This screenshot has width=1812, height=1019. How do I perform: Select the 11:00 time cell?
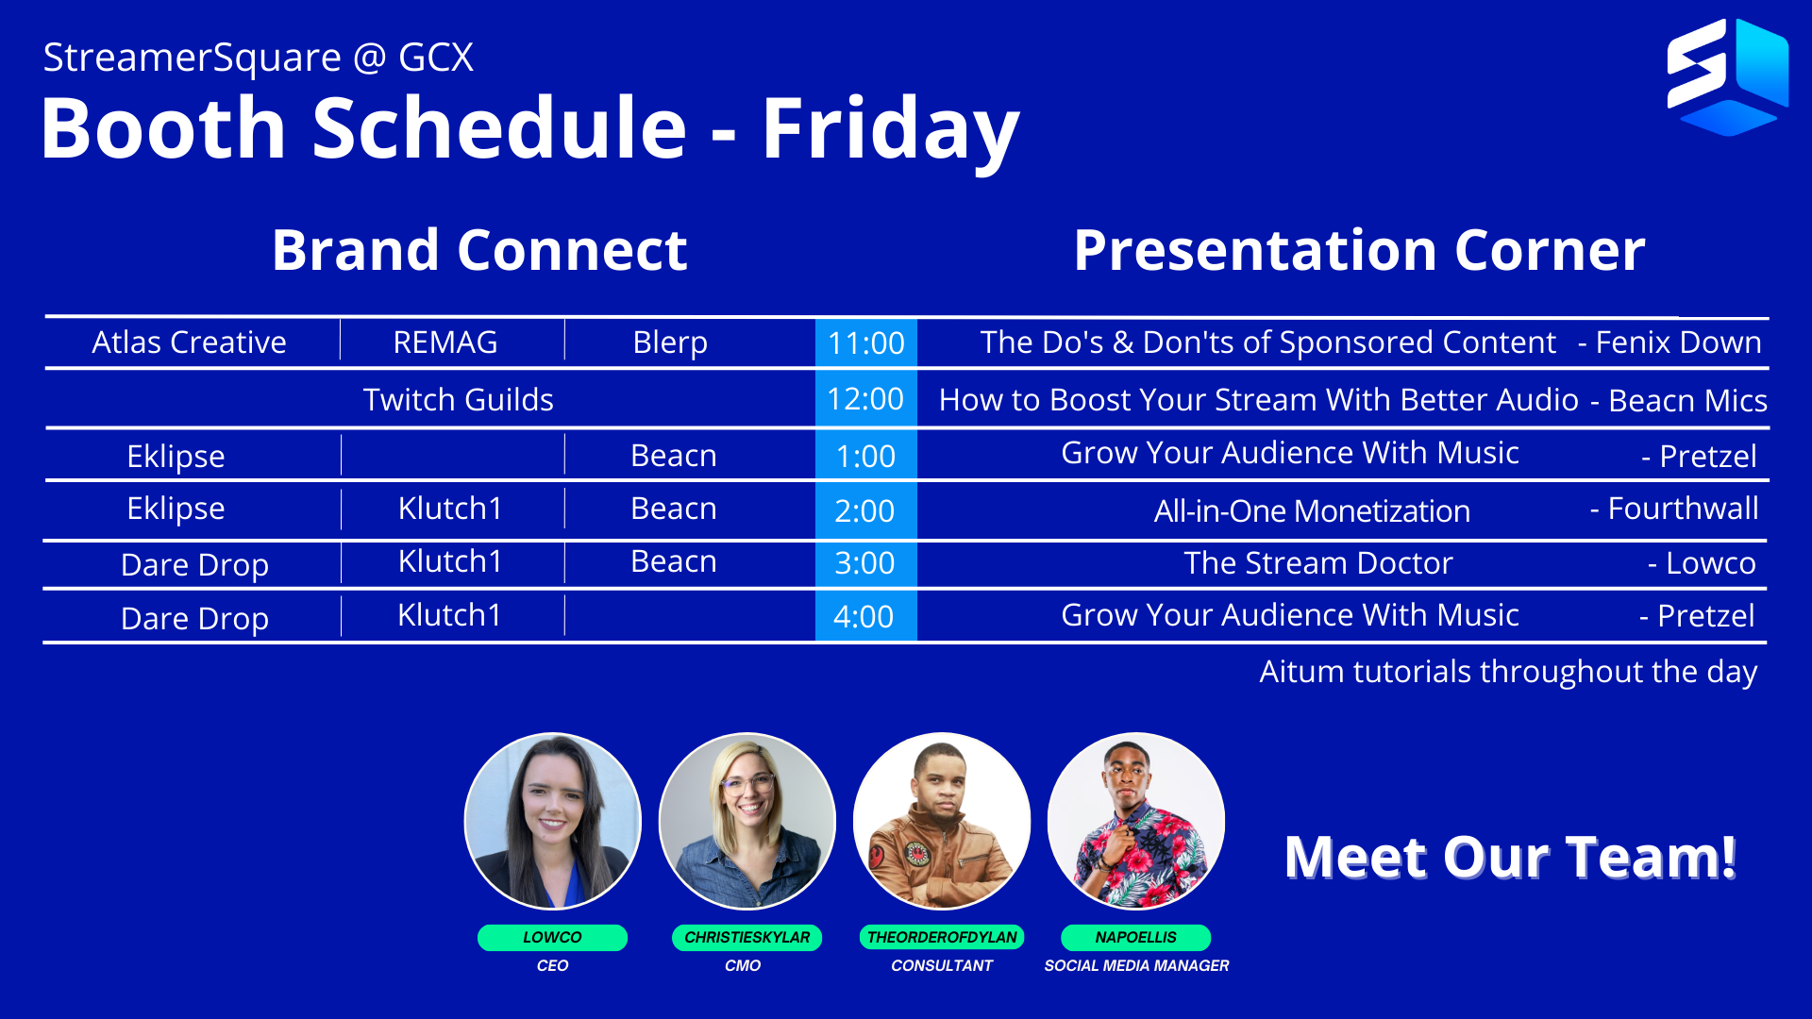coord(865,342)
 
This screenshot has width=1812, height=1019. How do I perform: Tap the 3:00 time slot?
coord(865,563)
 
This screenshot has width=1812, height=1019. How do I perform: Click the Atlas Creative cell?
coord(189,342)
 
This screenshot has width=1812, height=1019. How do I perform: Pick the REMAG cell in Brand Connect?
coord(445,342)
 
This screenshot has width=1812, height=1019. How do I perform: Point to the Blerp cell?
coord(670,342)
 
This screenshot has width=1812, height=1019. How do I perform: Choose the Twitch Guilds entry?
coord(459,399)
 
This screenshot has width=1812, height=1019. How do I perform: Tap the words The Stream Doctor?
coord(1318,563)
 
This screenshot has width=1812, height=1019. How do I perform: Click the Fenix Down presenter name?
coord(1678,342)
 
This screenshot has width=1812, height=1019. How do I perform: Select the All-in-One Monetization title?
coord(1312,510)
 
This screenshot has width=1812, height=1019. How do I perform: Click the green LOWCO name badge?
coord(552,937)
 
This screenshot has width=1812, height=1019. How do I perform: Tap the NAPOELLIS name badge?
coord(1136,937)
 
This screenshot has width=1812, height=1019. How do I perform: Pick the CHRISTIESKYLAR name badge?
coord(747,937)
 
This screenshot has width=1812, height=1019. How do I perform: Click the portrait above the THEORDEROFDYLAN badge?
coord(942,821)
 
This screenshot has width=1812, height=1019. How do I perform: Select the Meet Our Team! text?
coord(1510,857)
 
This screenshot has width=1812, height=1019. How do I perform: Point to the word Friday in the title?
coord(890,129)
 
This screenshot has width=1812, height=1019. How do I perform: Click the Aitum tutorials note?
coord(1508,672)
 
